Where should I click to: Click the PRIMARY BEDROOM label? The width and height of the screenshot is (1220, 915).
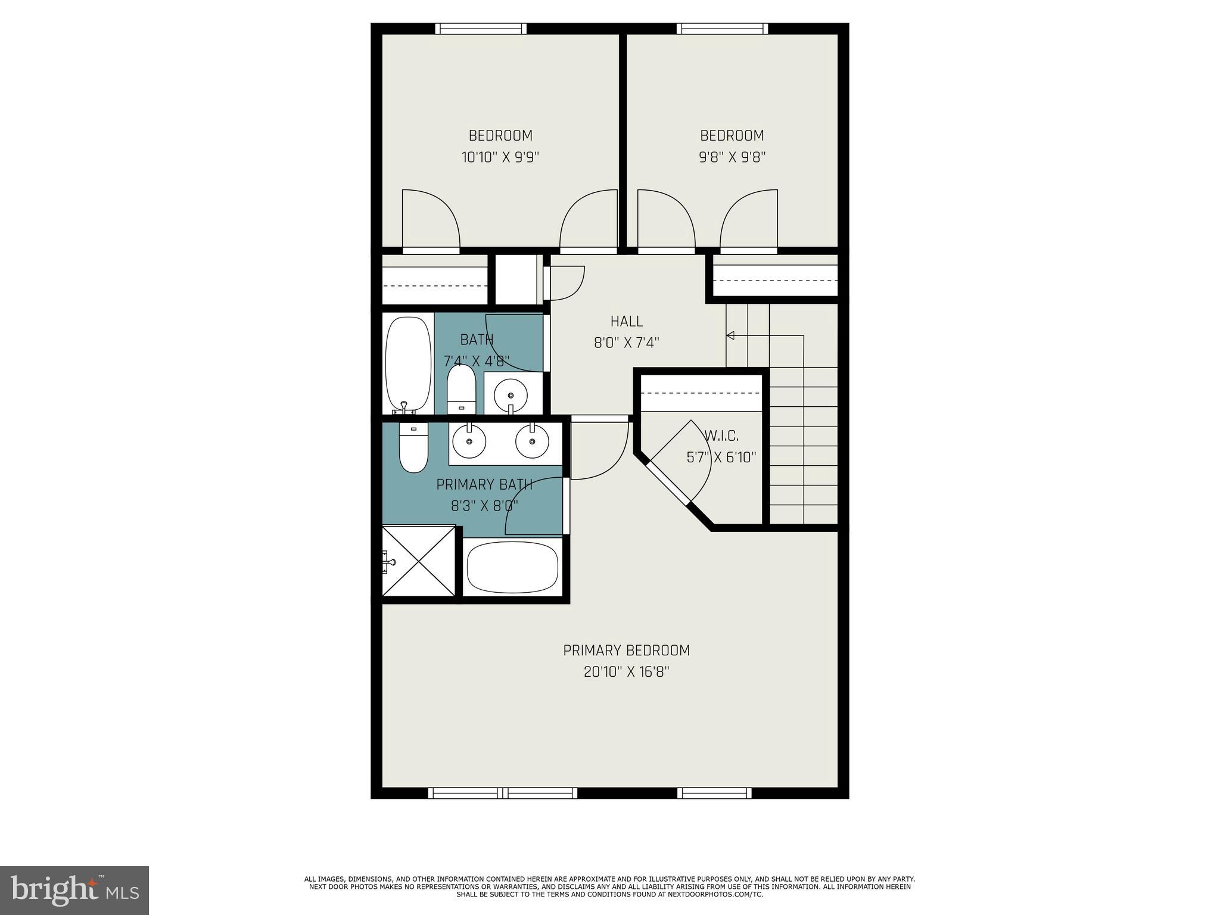pos(626,651)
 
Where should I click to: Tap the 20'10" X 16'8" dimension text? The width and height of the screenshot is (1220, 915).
pos(626,673)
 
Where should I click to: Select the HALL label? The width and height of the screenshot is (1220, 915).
pos(626,322)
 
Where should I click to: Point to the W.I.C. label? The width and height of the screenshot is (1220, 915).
pos(721,435)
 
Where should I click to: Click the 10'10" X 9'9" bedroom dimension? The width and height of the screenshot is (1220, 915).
pos(500,157)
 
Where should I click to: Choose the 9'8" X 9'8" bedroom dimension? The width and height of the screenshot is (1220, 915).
pos(732,157)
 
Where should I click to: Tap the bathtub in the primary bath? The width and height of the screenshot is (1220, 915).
pos(512,567)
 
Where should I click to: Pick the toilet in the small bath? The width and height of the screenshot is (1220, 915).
pos(461,388)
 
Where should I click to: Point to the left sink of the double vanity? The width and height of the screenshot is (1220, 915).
pos(469,441)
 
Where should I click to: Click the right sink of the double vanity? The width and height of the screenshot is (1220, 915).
pos(532,441)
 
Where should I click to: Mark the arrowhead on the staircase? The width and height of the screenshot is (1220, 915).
pos(730,336)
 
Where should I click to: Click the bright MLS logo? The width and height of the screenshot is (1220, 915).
pos(74,891)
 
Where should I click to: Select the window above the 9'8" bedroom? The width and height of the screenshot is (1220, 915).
pos(722,29)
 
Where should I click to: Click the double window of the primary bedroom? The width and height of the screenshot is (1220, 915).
pos(503,793)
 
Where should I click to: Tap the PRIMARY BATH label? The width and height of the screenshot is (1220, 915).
pos(484,485)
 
